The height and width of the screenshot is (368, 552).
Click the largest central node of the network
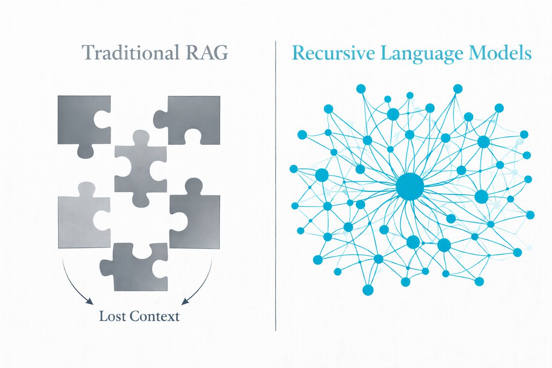point(409,186)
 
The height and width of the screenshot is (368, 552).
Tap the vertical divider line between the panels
point(276,184)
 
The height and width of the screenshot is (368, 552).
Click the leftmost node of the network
point(293,169)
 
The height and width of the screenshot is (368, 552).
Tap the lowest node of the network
point(368,290)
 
